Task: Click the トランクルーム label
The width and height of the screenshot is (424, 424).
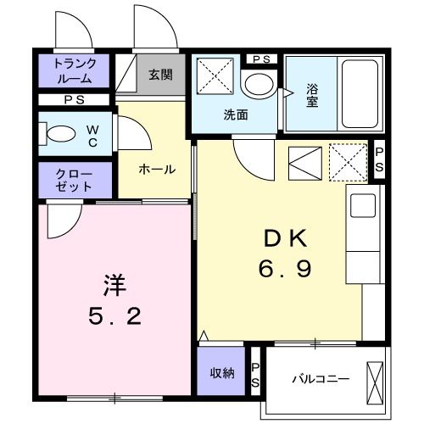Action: [x=75, y=70]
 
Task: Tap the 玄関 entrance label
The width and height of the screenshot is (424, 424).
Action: [x=160, y=75]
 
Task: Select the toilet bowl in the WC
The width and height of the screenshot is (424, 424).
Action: [x=62, y=133]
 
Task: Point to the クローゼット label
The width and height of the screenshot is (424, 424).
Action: [x=75, y=178]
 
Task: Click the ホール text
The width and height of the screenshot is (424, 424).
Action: [x=157, y=170]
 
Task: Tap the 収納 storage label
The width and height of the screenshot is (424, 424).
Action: [x=222, y=373]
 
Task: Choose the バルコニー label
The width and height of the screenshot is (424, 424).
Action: [x=315, y=378]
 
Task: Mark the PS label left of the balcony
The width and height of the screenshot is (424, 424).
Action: [x=256, y=374]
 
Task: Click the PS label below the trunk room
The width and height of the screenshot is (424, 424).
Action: [x=75, y=99]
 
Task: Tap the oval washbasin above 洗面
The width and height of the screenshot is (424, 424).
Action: [x=255, y=86]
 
